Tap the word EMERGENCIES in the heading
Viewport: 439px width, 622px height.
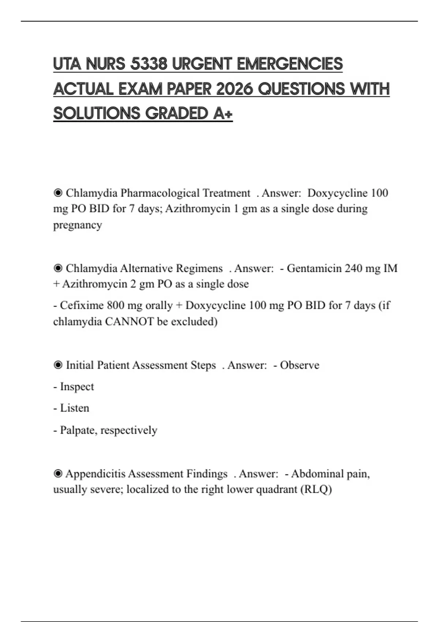click(x=290, y=64)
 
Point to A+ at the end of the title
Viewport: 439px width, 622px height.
click(x=223, y=114)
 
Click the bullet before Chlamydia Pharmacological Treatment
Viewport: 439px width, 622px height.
click(x=58, y=193)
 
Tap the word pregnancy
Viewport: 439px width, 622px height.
click(x=78, y=225)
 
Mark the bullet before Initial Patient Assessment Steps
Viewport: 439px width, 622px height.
click(x=58, y=365)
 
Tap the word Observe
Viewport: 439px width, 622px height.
click(x=300, y=365)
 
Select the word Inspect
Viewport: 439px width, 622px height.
click(x=77, y=387)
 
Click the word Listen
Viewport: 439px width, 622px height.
click(x=75, y=408)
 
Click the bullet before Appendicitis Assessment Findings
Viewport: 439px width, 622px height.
click(x=58, y=474)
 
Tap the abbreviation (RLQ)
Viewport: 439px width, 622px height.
click(x=316, y=489)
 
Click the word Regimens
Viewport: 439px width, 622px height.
click(x=199, y=268)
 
